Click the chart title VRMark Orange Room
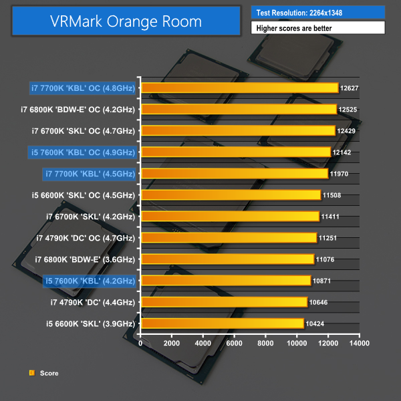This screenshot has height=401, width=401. point(126,21)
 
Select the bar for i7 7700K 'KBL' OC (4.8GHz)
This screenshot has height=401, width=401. point(240,88)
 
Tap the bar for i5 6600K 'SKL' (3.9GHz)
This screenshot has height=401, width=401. point(223,323)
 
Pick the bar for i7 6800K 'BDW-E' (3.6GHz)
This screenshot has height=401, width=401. point(228,259)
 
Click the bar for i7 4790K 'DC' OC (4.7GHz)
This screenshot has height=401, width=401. point(229,238)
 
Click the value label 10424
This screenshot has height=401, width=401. point(316,323)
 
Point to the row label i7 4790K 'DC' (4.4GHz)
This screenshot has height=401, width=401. point(93,302)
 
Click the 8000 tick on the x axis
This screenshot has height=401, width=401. point(265,344)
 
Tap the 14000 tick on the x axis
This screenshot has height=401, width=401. point(360,344)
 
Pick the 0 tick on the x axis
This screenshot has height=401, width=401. point(141,344)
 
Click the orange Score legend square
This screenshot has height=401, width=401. point(31,373)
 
